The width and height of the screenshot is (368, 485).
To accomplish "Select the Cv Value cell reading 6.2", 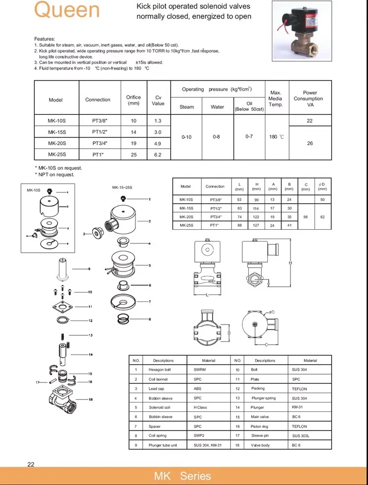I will pyautogui.click(x=158, y=155).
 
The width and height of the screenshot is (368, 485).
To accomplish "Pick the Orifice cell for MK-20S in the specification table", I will pyautogui.click(x=133, y=143).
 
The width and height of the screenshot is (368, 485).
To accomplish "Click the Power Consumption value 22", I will pyautogui.click(x=310, y=120).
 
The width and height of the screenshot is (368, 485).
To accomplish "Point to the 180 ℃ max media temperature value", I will pyautogui.click(x=276, y=137).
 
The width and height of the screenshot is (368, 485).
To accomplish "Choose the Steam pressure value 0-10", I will pyautogui.click(x=186, y=137).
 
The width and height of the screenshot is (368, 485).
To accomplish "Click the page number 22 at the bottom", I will pyautogui.click(x=31, y=465).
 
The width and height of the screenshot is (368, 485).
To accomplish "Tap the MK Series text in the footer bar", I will pyautogui.click(x=183, y=476).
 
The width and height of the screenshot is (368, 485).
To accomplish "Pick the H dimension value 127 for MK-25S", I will pyautogui.click(x=256, y=225).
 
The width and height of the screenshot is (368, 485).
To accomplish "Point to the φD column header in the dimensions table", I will pyautogui.click(x=322, y=186).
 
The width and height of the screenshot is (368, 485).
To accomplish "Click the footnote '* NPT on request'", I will pyautogui.click(x=54, y=175).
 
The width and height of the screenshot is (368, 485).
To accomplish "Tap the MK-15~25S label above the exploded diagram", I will pyautogui.click(x=123, y=188).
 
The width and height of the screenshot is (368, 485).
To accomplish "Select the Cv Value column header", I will pyautogui.click(x=158, y=100).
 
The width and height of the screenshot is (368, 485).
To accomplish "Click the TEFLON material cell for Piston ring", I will pyautogui.click(x=299, y=426).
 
